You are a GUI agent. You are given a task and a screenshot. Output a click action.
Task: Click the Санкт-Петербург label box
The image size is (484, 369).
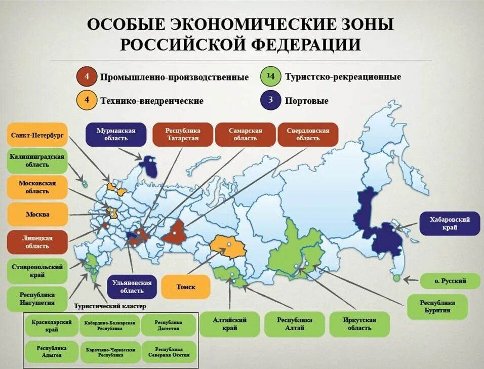(x=37, y=135)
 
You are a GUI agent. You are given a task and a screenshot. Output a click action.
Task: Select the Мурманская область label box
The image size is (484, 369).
(x=116, y=134)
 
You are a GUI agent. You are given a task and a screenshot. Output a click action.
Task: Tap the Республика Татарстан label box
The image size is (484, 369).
(x=182, y=134)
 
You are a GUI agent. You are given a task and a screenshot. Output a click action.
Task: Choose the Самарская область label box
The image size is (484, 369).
(x=246, y=134)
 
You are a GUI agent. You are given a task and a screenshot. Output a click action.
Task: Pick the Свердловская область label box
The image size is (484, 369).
(x=308, y=134)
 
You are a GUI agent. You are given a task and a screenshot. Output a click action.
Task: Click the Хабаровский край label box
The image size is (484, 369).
(x=450, y=223)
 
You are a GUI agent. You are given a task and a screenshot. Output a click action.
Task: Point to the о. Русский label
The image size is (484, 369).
(x=450, y=280)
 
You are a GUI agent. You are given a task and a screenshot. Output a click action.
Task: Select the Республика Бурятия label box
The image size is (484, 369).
(x=437, y=306)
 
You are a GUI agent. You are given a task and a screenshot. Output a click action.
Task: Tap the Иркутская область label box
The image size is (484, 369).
(x=359, y=324)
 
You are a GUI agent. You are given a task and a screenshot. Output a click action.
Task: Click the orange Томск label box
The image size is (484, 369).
(x=185, y=287)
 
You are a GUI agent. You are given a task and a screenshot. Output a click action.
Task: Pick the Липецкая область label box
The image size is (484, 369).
(x=37, y=242)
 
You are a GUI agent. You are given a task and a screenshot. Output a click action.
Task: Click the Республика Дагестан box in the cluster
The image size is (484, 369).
(x=168, y=325)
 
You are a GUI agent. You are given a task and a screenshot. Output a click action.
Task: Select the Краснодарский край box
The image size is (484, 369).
(x=52, y=325)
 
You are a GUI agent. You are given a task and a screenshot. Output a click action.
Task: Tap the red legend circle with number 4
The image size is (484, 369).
(x=87, y=77)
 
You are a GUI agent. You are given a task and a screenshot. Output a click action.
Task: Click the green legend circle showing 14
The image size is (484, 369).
(x=271, y=77)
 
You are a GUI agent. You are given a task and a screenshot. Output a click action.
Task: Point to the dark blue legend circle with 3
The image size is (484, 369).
(x=271, y=100)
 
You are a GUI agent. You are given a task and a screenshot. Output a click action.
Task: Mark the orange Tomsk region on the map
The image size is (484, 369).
(x=228, y=246)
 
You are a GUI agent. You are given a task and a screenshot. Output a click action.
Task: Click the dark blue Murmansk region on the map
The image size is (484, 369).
(x=149, y=166)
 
